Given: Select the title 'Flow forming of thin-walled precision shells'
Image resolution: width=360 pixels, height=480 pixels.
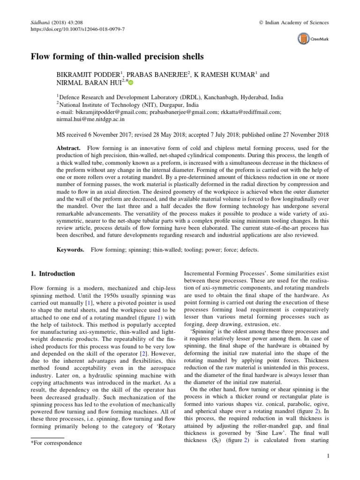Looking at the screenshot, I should coord(117,57).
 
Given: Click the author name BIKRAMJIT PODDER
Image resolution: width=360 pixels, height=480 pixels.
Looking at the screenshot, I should coord(85,75).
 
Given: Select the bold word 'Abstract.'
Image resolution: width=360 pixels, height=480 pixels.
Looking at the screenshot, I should coord(69,148).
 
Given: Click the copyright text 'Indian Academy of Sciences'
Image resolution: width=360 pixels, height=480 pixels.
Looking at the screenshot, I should coord(298,22).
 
